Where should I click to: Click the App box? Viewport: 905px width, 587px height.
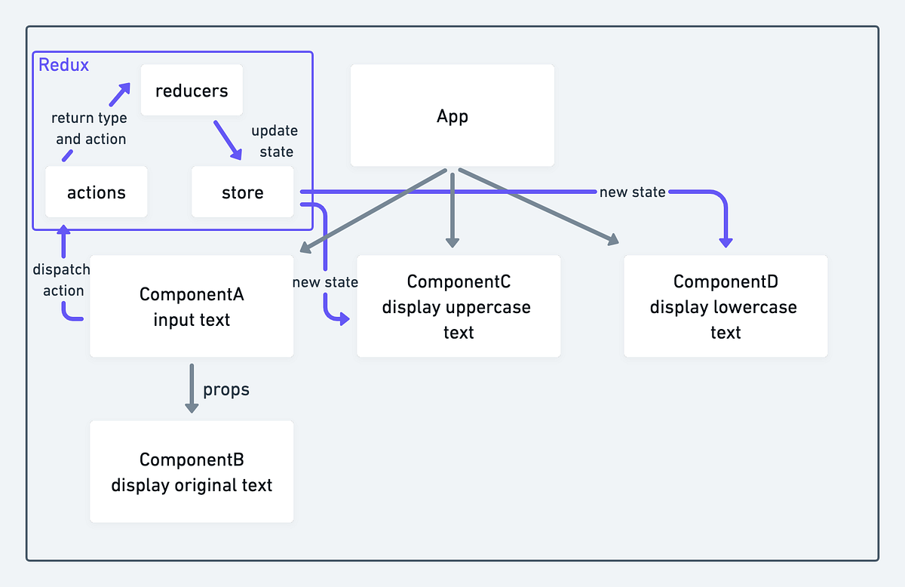pyautogui.click(x=452, y=115)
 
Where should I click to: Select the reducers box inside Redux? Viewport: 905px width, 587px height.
pyautogui.click(x=192, y=91)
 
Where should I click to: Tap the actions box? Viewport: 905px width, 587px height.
pyautogui.click(x=97, y=192)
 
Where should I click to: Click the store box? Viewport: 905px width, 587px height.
pyautogui.click(x=242, y=192)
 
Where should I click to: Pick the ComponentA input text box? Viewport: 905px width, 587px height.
pyautogui.click(x=192, y=306)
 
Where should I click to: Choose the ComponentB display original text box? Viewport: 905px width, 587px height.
pyautogui.click(x=192, y=472)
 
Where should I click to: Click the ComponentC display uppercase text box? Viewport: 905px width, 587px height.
pyautogui.click(x=459, y=306)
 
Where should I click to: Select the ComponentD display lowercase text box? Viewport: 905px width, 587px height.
pyautogui.click(x=726, y=306)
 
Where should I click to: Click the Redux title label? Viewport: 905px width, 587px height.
pyautogui.click(x=63, y=65)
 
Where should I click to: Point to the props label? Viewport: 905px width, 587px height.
pyautogui.click(x=225, y=389)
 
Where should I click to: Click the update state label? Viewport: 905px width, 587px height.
pyautogui.click(x=275, y=141)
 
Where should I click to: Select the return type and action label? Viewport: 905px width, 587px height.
pyautogui.click(x=90, y=128)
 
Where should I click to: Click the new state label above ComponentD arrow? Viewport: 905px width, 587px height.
pyautogui.click(x=632, y=192)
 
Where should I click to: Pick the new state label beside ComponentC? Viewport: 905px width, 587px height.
pyautogui.click(x=325, y=282)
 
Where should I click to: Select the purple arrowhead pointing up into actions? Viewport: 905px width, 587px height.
pyautogui.click(x=64, y=230)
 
